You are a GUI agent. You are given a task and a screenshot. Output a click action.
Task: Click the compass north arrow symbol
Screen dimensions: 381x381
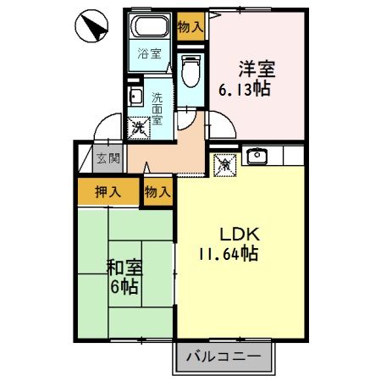click(92, 28)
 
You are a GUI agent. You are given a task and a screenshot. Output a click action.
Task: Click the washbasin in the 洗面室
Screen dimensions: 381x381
click(135, 96)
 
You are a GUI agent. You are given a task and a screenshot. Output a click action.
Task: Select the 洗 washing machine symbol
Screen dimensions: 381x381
click(138, 128)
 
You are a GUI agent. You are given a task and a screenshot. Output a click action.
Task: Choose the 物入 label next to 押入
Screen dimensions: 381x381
click(157, 191)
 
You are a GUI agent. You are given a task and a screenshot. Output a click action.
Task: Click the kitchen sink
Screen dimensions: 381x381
click(257, 156)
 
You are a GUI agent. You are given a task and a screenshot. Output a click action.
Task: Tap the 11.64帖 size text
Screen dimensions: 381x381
click(229, 253)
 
